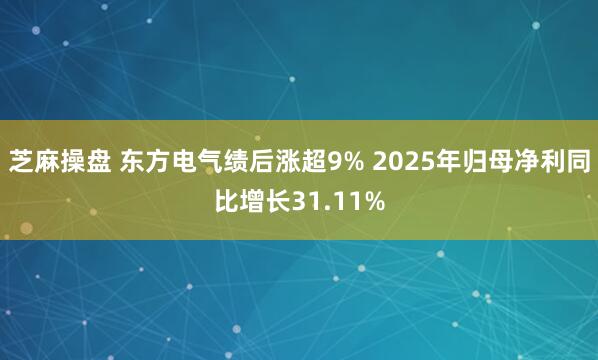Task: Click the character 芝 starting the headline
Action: point(21,162)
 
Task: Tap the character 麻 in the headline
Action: point(48,162)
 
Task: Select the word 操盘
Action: point(88,162)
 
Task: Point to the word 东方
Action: point(146,162)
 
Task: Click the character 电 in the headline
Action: point(186,162)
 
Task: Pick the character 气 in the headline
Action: point(213,162)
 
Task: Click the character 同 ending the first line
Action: point(577,162)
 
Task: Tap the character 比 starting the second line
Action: point(227,201)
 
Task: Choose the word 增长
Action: point(267,201)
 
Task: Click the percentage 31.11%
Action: point(338,201)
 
